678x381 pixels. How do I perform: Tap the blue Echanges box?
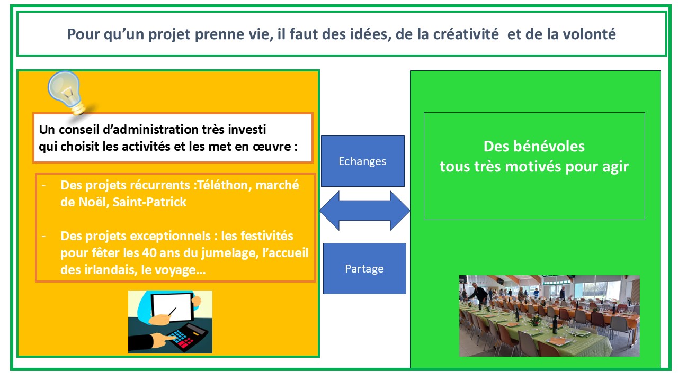(x=363, y=161)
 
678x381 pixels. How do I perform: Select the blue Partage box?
(x=364, y=268)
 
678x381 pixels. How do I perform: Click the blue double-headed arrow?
(x=365, y=211)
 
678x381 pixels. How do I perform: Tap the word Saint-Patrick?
(x=149, y=202)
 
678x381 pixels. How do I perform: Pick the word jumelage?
(x=230, y=253)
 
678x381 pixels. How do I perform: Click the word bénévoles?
(x=549, y=147)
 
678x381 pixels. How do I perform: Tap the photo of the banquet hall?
(x=549, y=316)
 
